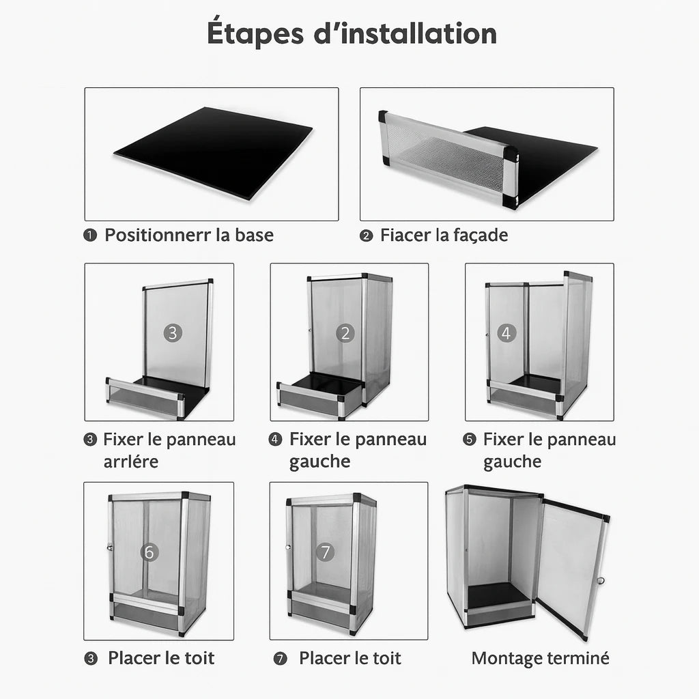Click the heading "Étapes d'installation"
pyautogui.click(x=352, y=33)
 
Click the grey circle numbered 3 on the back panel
pyautogui.click(x=173, y=333)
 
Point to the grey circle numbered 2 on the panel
pyautogui.click(x=345, y=333)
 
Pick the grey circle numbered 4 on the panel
pyautogui.click(x=506, y=332)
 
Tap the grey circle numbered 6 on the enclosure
pyautogui.click(x=149, y=552)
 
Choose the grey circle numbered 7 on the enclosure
pyautogui.click(x=326, y=552)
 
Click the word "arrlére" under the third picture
pyautogui.click(x=130, y=461)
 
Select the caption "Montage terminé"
pyautogui.click(x=541, y=659)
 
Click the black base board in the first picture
pyautogui.click(x=213, y=152)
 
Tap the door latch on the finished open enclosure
pyautogui.click(x=601, y=580)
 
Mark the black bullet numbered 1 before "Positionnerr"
pyautogui.click(x=90, y=235)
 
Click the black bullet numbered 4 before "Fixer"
pyautogui.click(x=275, y=440)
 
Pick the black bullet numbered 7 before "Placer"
pyautogui.click(x=280, y=659)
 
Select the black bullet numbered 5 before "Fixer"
pyautogui.click(x=470, y=440)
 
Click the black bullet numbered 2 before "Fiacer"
pyautogui.click(x=366, y=236)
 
